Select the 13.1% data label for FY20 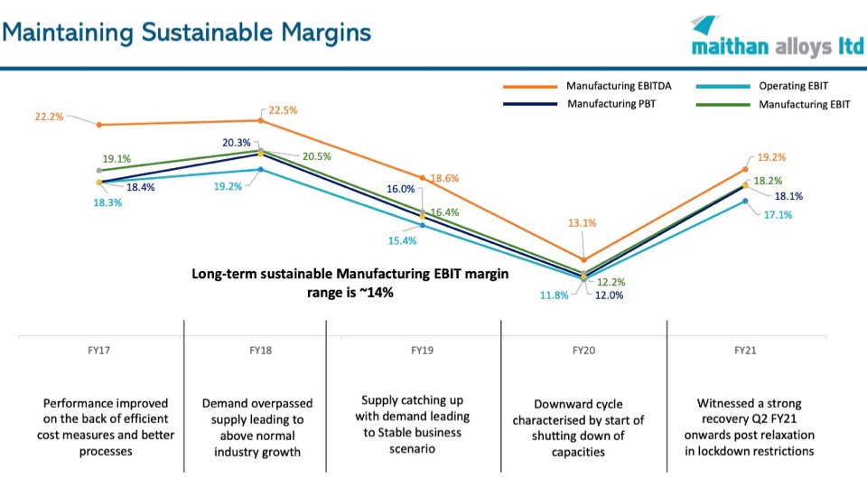pyautogui.click(x=583, y=222)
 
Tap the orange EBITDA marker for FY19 pyautogui.click(x=422, y=178)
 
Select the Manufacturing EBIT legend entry pyautogui.click(x=804, y=104)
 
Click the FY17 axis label pyautogui.click(x=100, y=350)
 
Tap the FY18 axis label pyautogui.click(x=261, y=350)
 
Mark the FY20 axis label pyautogui.click(x=583, y=350)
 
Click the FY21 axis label pyautogui.click(x=744, y=350)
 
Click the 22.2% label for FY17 pyautogui.click(x=50, y=117)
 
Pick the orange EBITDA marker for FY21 pyautogui.click(x=745, y=169)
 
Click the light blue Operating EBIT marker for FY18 pyautogui.click(x=260, y=169)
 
